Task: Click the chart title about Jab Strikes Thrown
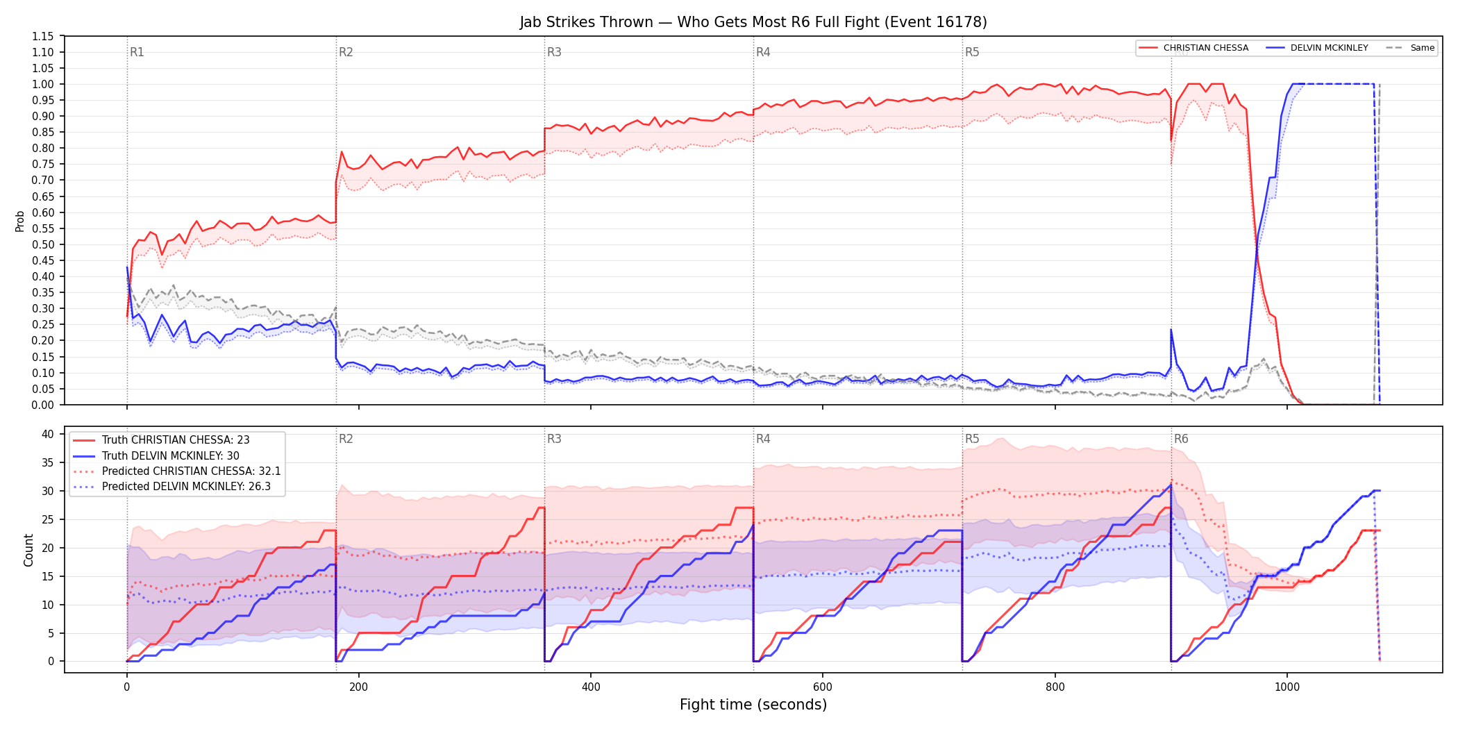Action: tap(753, 22)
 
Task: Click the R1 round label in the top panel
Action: tap(137, 52)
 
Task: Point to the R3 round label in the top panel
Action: tap(554, 52)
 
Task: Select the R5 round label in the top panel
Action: tap(972, 52)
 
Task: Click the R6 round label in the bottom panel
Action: tap(1181, 439)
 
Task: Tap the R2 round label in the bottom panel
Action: tap(346, 439)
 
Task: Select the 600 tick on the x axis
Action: tap(823, 687)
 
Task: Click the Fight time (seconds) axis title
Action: tap(753, 705)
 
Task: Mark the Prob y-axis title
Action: tap(20, 221)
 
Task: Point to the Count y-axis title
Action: tap(28, 550)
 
